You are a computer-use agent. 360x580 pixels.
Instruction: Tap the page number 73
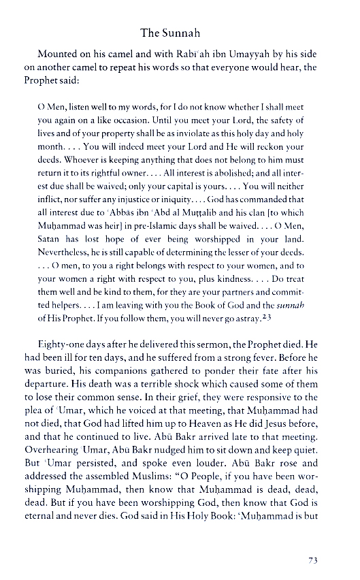click(314, 560)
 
